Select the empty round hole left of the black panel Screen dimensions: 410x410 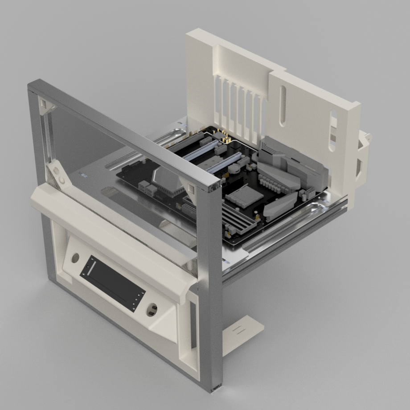(x=75, y=258)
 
